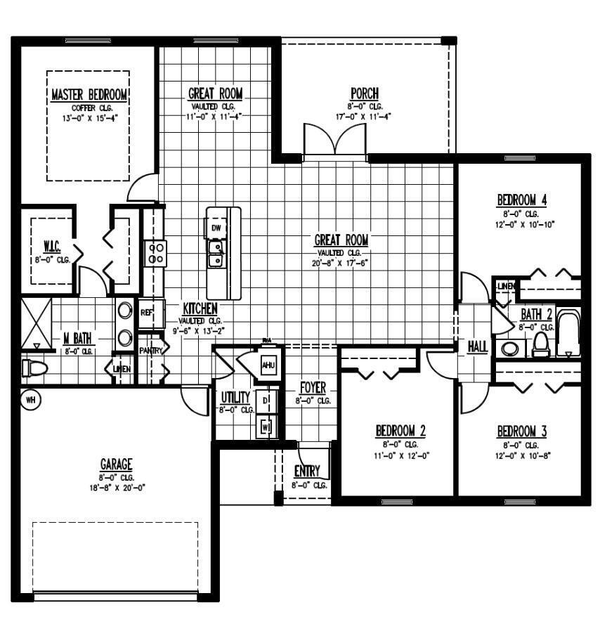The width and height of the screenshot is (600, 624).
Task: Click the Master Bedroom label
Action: pyautogui.click(x=89, y=95)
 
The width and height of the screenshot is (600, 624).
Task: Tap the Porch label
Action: pyautogui.click(x=365, y=93)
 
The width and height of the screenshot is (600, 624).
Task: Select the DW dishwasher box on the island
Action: pyautogui.click(x=216, y=228)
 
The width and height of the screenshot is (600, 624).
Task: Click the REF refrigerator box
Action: pyautogui.click(x=147, y=313)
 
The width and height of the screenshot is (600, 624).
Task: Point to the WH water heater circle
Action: pyautogui.click(x=30, y=401)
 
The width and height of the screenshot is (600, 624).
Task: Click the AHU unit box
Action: pyautogui.click(x=268, y=365)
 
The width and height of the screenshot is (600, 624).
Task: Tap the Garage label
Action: pyautogui.click(x=116, y=464)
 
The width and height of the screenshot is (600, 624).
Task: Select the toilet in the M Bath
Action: pyautogui.click(x=34, y=368)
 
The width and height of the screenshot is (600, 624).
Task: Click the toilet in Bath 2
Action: pyautogui.click(x=540, y=344)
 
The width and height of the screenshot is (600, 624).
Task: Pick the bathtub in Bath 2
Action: pyautogui.click(x=568, y=336)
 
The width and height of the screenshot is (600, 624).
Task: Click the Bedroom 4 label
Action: pyautogui.click(x=521, y=200)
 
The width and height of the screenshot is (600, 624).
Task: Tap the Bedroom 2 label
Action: pyautogui.click(x=400, y=431)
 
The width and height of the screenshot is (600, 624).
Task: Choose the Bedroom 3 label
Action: pyautogui.click(x=521, y=431)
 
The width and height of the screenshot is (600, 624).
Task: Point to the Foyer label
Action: pyautogui.click(x=313, y=388)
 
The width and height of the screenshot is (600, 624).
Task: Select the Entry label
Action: pyautogui.click(x=307, y=471)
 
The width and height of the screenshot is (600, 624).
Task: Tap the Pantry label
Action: pyautogui.click(x=150, y=350)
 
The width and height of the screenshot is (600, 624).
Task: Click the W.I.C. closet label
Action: pyautogui.click(x=51, y=247)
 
